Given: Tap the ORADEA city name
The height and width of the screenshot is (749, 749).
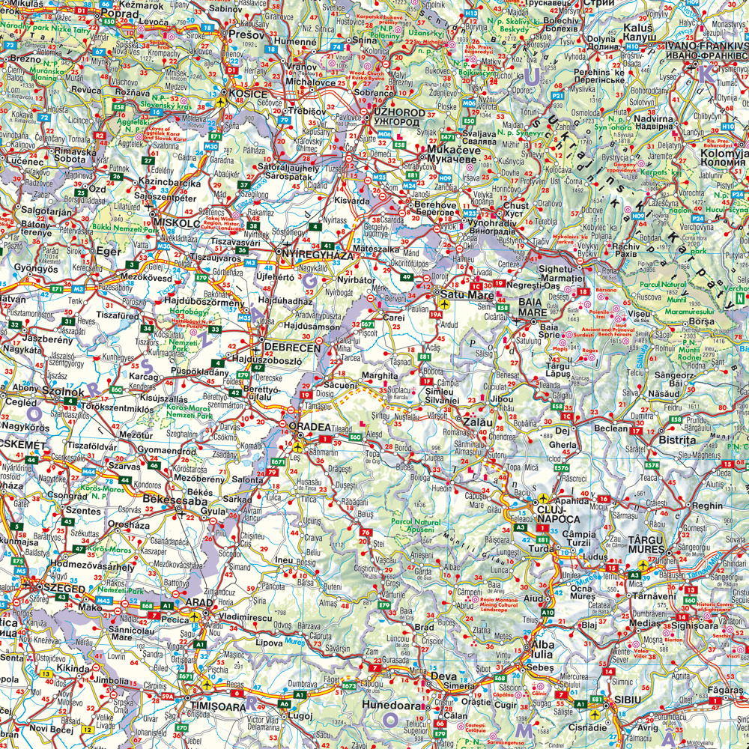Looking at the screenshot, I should pos(310,426).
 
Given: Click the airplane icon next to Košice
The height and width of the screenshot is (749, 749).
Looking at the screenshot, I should pos(220,100).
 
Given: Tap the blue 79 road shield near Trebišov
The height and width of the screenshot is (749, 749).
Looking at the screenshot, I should pos(283,119).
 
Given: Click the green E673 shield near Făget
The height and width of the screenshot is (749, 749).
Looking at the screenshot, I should pos(349,685).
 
